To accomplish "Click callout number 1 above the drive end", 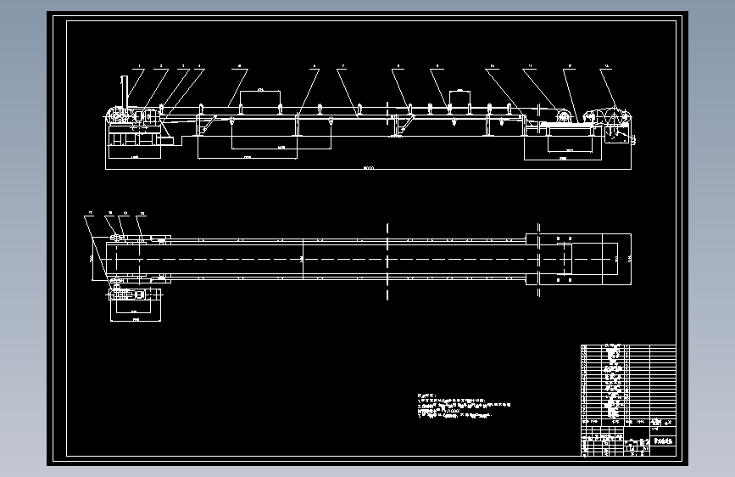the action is pos(139,66).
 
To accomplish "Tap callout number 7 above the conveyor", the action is pos(342,66).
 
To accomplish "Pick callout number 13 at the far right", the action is pos(604,66).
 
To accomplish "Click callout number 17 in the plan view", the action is pos(89,214).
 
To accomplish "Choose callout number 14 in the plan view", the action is pos(142,214).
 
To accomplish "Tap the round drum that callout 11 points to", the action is pos(561,115).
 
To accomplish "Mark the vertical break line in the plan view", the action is pos(387,259).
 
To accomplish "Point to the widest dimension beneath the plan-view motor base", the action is pos(134,322).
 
